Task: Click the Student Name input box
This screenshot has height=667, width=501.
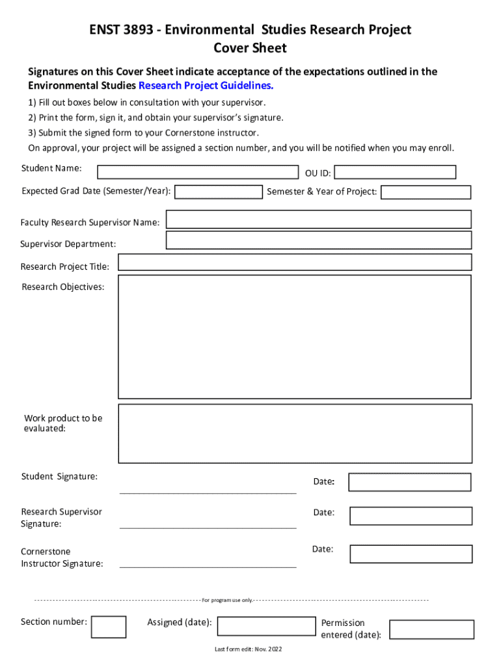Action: coord(198,172)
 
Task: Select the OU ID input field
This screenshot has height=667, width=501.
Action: coord(395,172)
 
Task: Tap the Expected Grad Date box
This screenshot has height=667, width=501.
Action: coord(219,192)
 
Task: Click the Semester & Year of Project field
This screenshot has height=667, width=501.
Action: coord(426,192)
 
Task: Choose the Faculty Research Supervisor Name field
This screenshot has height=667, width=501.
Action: coord(319,220)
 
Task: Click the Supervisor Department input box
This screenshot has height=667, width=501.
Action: coord(319,240)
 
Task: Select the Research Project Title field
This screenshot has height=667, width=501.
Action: coord(294,263)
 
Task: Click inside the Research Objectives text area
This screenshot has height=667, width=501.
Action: coord(294,336)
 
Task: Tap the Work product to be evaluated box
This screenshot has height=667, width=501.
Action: coord(295,433)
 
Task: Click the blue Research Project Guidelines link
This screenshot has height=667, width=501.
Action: coord(206,86)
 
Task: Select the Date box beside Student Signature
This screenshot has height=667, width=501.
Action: coord(409,482)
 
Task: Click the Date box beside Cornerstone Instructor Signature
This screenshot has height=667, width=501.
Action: coord(411,554)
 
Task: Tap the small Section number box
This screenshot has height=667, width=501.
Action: coord(109,627)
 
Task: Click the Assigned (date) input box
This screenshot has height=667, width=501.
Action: coord(267,627)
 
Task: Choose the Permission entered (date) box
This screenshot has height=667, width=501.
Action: coord(431,629)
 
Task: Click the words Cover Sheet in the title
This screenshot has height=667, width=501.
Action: coord(250,48)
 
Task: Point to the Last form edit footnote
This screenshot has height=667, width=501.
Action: coord(249,649)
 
